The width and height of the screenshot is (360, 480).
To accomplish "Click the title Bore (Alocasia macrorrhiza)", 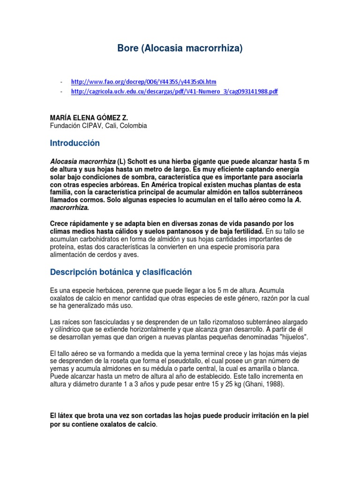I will pos(180,48).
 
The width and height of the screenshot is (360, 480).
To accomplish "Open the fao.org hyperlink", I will pos(143,81).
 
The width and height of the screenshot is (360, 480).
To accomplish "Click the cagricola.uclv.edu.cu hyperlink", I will pos(174,91).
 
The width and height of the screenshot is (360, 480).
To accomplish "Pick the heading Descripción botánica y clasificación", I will pos(120,272).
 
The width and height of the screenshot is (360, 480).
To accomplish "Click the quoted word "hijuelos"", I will pos(292,337).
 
